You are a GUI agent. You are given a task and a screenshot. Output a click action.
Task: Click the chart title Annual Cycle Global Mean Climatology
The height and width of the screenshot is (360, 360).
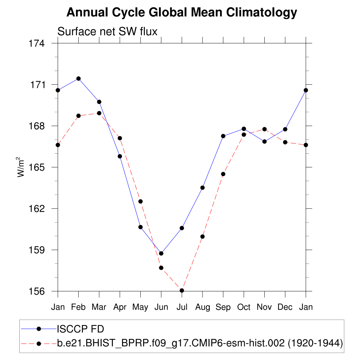pyautogui.click(x=182, y=13)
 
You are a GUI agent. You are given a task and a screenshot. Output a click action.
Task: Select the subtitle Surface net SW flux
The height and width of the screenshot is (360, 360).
pyautogui.click(x=107, y=32)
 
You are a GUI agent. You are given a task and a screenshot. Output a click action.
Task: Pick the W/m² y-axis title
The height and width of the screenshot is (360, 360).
pyautogui.click(x=21, y=167)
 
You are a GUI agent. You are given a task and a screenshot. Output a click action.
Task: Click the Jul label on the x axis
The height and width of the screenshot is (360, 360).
pyautogui.click(x=182, y=307)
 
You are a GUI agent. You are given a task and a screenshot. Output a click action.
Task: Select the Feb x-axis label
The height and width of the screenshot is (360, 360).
pyautogui.click(x=78, y=307)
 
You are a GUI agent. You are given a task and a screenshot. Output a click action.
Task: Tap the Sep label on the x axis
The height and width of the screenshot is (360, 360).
pyautogui.click(x=223, y=307)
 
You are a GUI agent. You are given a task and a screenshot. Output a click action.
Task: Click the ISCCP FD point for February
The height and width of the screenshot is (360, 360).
pyautogui.click(x=78, y=78)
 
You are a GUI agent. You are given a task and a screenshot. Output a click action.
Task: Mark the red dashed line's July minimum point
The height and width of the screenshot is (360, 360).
pyautogui.click(x=182, y=290)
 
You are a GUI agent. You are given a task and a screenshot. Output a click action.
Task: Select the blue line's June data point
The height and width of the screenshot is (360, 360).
pyautogui.click(x=161, y=253)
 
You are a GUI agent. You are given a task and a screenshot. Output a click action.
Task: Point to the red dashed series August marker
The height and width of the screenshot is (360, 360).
pyautogui.click(x=202, y=237)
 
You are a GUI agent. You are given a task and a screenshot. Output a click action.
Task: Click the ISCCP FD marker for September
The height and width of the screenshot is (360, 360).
pyautogui.click(x=223, y=136)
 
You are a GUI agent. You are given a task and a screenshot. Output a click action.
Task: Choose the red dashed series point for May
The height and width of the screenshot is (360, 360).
pyautogui.click(x=141, y=201)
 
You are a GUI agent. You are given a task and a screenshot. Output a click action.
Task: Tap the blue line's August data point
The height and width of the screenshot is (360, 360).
pyautogui.click(x=202, y=188)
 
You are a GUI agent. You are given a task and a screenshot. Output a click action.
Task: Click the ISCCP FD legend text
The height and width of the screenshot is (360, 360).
pyautogui.click(x=81, y=329)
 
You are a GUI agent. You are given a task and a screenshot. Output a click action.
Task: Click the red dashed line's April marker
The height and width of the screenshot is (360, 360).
pyautogui.click(x=120, y=138)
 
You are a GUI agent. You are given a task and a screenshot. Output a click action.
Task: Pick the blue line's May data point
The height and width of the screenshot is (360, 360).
pyautogui.click(x=141, y=227)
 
